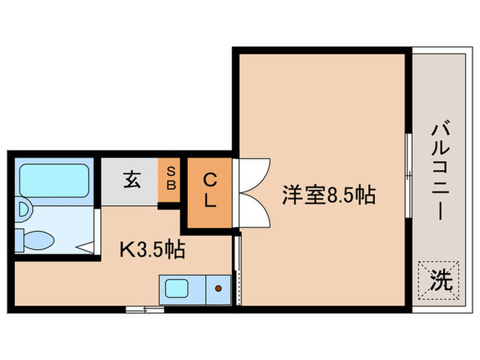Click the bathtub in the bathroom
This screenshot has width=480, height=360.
[53, 180]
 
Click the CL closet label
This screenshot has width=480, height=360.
[210, 192]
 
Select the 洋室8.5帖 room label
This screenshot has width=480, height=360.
[328, 195]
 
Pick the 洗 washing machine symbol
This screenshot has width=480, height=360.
[438, 280]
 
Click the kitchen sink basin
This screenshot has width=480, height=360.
[182, 289]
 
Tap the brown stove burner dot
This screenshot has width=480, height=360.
[219, 289]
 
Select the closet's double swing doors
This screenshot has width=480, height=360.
[254, 193]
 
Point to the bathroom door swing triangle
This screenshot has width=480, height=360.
[86, 245]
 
